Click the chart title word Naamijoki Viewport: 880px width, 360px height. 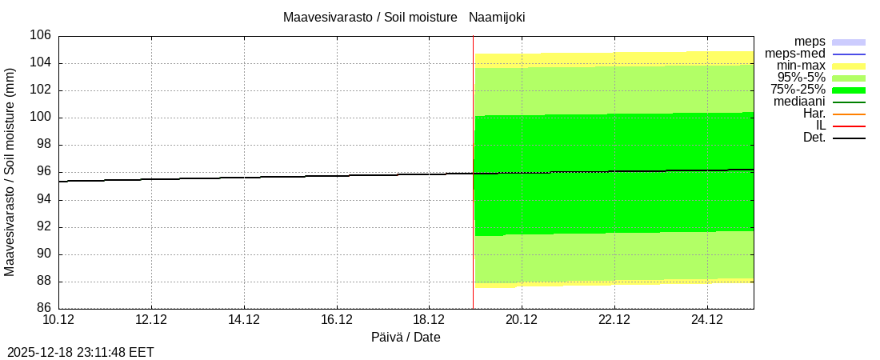(497, 17)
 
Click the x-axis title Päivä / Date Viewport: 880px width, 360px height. (406, 337)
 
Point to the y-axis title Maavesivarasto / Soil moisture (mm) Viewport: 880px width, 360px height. (10, 172)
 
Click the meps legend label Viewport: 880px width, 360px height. (810, 42)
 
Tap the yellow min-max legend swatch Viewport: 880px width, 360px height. (849, 66)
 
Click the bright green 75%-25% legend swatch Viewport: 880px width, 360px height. (849, 90)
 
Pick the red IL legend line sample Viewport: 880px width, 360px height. (849, 126)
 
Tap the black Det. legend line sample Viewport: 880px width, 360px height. (849, 138)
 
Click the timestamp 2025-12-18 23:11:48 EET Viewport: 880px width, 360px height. (81, 352)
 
